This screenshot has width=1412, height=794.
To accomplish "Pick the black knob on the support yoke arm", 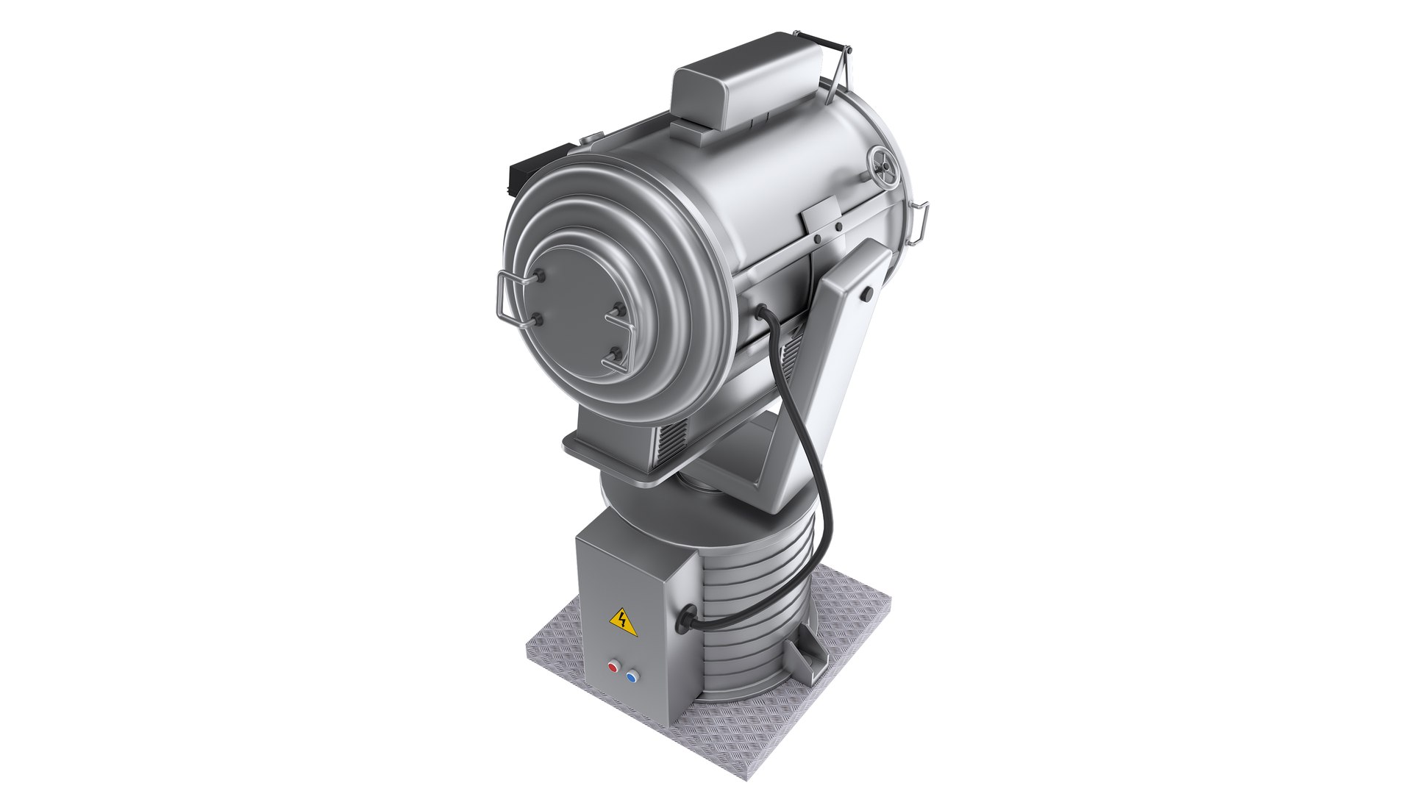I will tap(869, 294).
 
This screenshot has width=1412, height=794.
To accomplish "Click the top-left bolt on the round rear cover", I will tap(541, 275).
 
